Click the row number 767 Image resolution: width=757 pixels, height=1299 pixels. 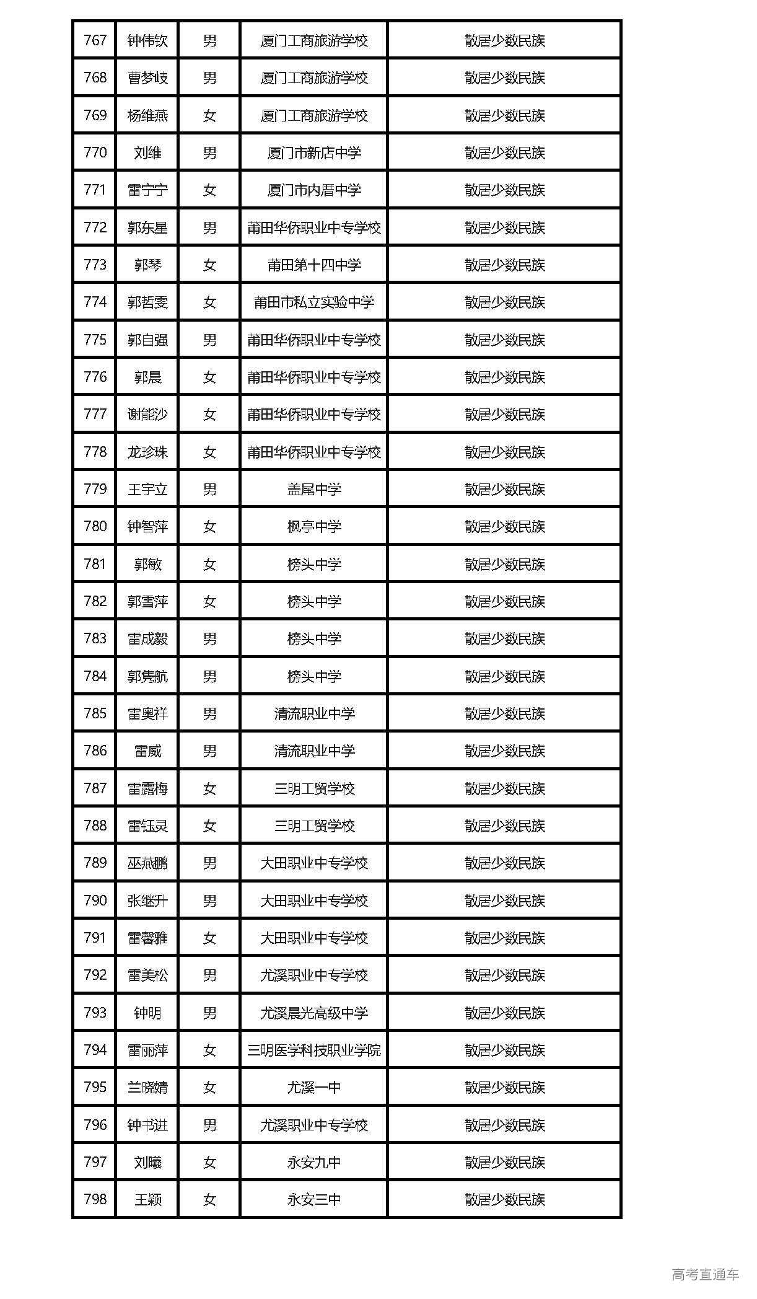coord(95,41)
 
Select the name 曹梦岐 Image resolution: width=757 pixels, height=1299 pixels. coord(147,78)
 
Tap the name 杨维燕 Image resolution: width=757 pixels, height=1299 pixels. coord(147,116)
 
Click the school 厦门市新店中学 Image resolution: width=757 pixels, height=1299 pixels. coord(314,153)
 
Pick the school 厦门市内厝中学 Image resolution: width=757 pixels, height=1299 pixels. coord(314,190)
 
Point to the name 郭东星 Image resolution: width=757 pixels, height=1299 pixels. coord(147,228)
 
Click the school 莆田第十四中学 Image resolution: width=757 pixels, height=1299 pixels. coord(314,265)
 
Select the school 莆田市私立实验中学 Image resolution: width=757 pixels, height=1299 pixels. coord(314,302)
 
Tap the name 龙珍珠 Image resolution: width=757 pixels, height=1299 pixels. coord(147,452)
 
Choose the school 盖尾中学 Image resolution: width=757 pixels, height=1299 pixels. coord(314,490)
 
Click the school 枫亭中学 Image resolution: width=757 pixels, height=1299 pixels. coord(314,527)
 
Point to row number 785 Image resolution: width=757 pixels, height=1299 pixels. coord(95,713)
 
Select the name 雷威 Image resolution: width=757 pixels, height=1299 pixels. coord(147,751)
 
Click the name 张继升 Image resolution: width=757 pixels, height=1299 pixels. coord(147,900)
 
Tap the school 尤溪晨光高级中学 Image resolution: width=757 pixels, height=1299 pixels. coord(314,1013)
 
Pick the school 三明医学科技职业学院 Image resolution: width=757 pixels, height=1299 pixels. coord(314,1050)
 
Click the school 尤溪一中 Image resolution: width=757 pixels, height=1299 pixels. coord(314,1087)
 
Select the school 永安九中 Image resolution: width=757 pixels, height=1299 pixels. coord(314,1162)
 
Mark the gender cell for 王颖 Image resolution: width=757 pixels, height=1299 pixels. coord(209,1199)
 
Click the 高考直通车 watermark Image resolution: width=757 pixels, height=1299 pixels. coord(705,1274)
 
